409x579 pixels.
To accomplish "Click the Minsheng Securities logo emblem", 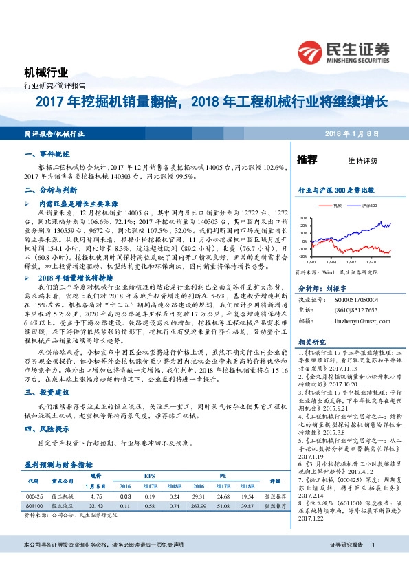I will pyautogui.click(x=313, y=51).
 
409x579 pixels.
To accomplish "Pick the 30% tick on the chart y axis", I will pyautogui.click(x=303, y=217).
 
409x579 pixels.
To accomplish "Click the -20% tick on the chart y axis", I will pyautogui.click(x=303, y=256).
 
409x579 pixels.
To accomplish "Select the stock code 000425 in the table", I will pyautogui.click(x=36, y=494).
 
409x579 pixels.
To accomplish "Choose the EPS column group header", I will pyautogui.click(x=149, y=474).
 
